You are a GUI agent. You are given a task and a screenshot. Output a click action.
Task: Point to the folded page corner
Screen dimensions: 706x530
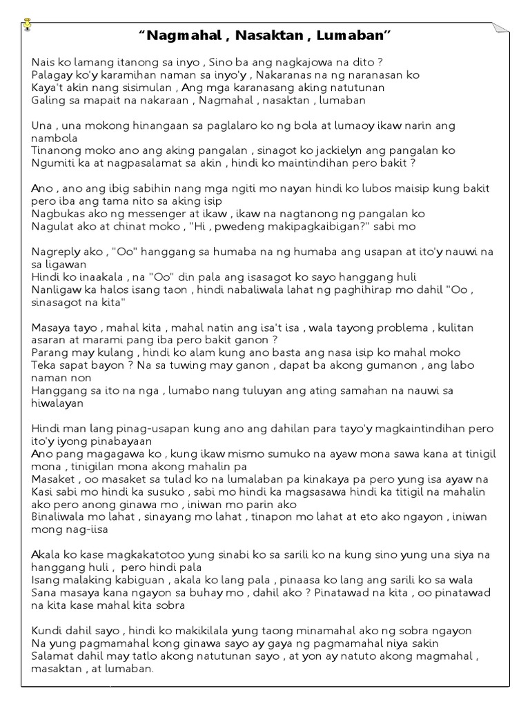[500, 30]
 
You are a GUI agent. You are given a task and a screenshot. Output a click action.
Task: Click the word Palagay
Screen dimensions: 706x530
[52, 75]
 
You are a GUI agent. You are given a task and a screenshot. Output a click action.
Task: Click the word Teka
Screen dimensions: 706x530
[43, 365]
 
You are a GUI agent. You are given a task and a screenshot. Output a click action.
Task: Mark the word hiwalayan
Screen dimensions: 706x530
[57, 403]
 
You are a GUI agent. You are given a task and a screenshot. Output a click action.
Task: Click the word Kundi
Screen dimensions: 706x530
[47, 630]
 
